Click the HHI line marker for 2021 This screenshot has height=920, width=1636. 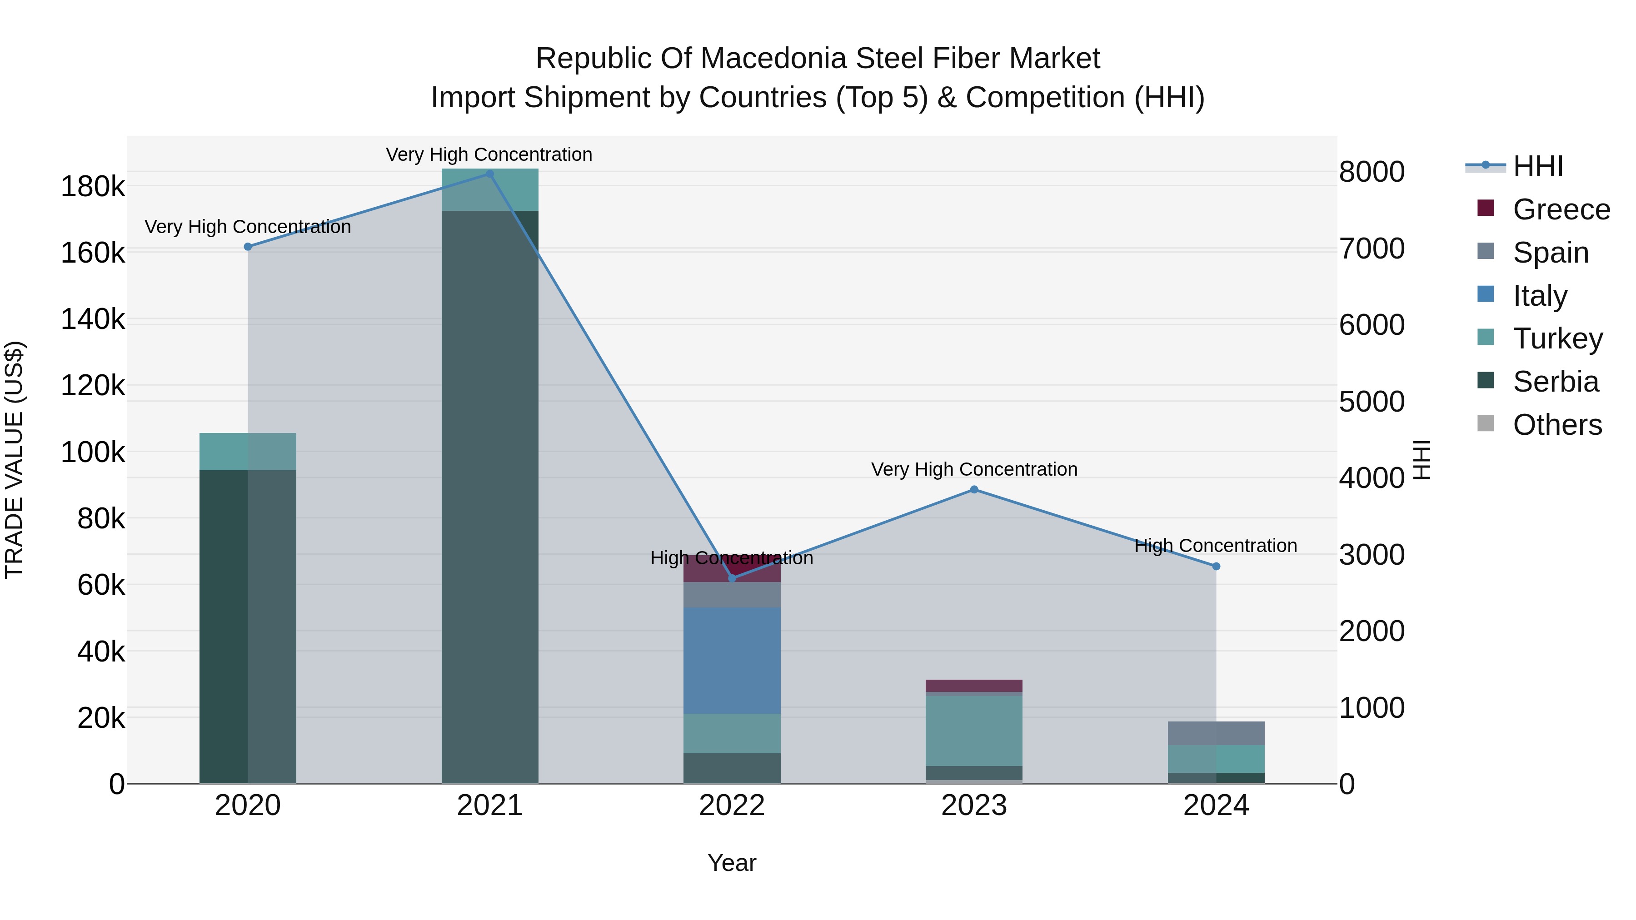(489, 174)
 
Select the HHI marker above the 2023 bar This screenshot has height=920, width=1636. (974, 489)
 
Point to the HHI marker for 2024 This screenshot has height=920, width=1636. (1216, 567)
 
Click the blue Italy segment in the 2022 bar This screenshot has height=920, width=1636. (732, 660)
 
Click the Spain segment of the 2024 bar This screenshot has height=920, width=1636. (1216, 733)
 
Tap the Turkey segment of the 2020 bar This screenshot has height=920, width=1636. (248, 452)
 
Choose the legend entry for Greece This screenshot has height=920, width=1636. (1561, 209)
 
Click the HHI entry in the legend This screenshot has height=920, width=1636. (1537, 166)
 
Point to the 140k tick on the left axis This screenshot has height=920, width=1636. (93, 319)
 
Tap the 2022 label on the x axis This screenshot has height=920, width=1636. (732, 806)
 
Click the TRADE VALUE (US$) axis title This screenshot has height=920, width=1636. (14, 460)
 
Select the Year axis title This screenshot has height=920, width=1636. (732, 863)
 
